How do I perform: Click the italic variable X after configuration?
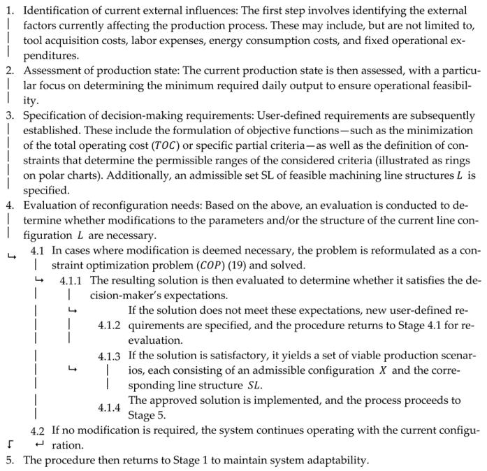382,370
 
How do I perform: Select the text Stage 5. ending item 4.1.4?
145,415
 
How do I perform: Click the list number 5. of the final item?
9,460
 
